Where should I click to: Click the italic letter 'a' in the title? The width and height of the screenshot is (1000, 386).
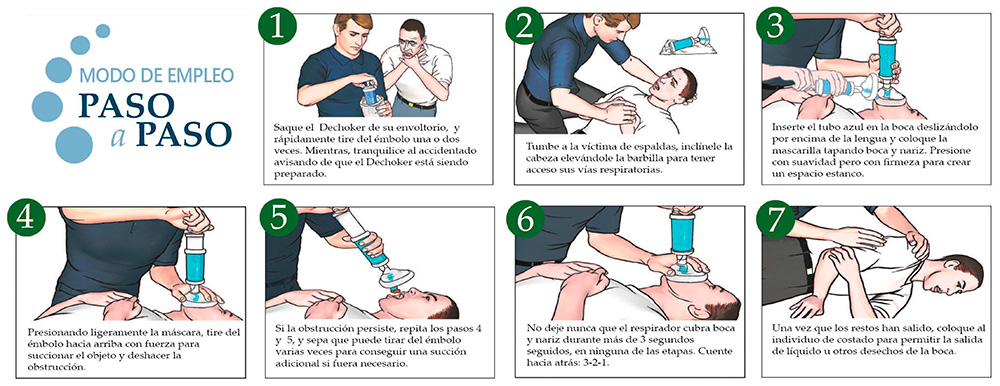click(x=118, y=137)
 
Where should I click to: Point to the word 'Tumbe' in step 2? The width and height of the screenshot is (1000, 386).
click(x=541, y=145)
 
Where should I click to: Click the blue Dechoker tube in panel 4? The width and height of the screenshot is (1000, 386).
click(x=195, y=263)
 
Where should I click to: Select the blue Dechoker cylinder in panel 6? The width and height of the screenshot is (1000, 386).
click(x=687, y=235)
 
